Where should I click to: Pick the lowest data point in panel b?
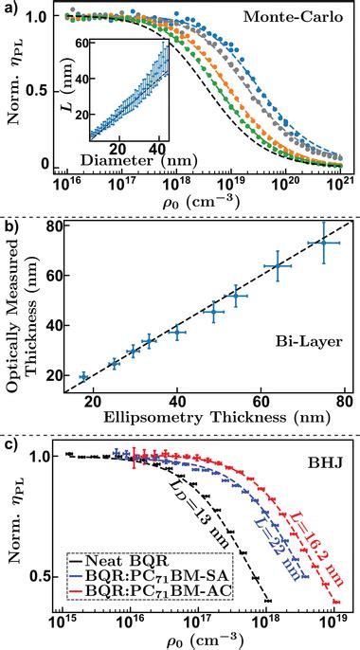83,377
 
